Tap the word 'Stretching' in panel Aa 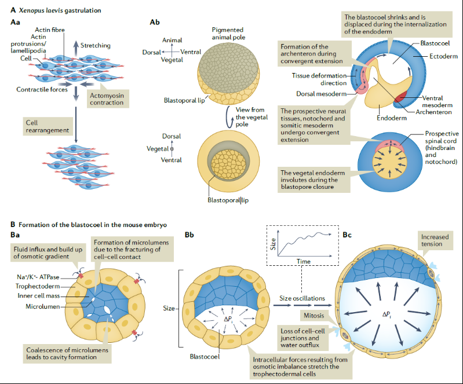(96, 45)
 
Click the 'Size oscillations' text (300, 298)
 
